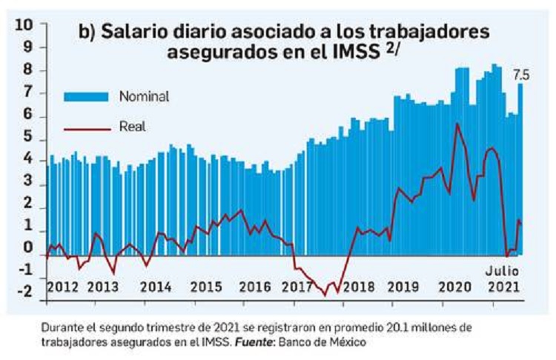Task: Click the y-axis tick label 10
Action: pos(23,24)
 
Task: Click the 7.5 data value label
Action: pos(521,74)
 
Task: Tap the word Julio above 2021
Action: pos(503,270)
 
